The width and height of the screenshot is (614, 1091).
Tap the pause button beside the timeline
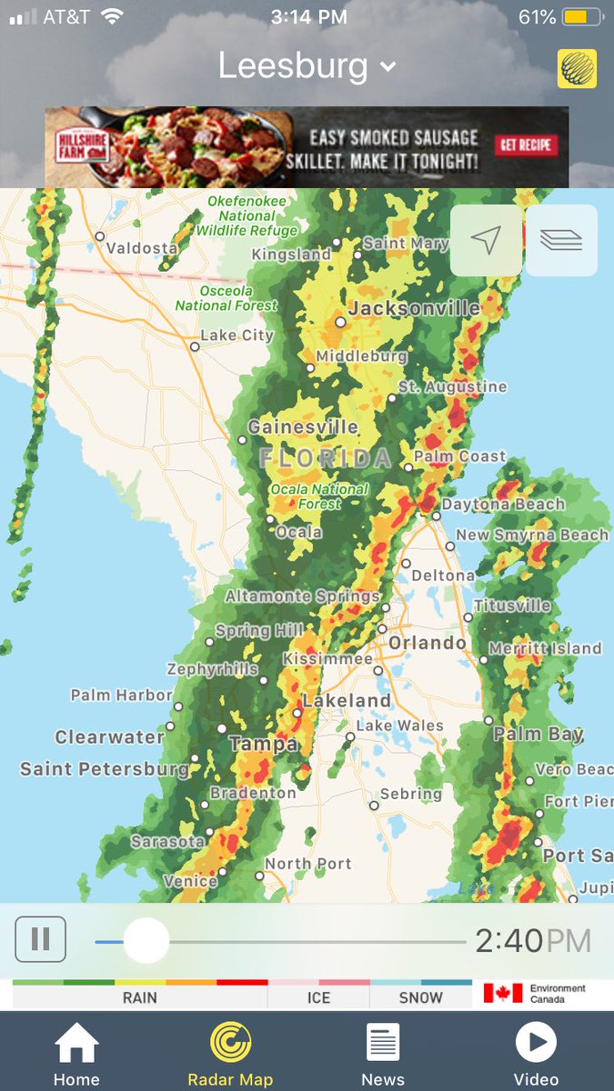click(x=41, y=939)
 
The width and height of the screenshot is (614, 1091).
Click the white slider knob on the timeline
click(x=146, y=940)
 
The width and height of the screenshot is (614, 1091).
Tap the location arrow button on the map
click(x=486, y=240)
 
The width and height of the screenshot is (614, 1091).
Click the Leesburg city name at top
click(x=294, y=65)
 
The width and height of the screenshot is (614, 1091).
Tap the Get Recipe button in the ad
click(x=526, y=145)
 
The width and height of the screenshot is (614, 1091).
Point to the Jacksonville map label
click(x=414, y=308)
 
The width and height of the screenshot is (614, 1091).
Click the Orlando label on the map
click(x=427, y=643)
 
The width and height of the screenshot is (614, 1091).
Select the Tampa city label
click(x=264, y=744)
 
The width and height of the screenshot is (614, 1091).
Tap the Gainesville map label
click(x=303, y=426)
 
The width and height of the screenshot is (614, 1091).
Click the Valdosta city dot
click(x=100, y=236)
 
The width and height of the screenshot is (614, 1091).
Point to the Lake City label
click(x=237, y=335)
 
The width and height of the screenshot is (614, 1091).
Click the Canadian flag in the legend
click(x=503, y=993)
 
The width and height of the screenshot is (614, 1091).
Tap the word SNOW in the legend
click(x=420, y=997)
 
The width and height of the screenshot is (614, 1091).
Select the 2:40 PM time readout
click(x=533, y=940)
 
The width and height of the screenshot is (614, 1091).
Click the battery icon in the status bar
click(x=579, y=17)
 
